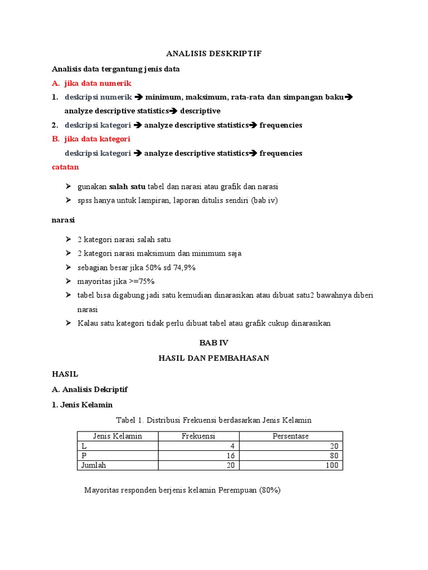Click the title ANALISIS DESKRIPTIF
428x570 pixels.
pyautogui.click(x=214, y=53)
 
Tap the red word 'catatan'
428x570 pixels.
pyautogui.click(x=65, y=166)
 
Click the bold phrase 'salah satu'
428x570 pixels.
pyautogui.click(x=127, y=186)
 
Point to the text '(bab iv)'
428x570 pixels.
pyautogui.click(x=264, y=200)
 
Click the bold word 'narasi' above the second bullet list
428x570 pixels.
pyautogui.click(x=63, y=220)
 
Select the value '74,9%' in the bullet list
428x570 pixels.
pyautogui.click(x=183, y=267)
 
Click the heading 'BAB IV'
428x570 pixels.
pyautogui.click(x=213, y=344)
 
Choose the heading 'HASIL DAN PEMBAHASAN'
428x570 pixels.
pyautogui.click(x=214, y=358)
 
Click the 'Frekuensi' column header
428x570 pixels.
pyautogui.click(x=198, y=436)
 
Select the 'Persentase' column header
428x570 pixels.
pyautogui.click(x=290, y=436)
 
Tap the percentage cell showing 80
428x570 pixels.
pyautogui.click(x=334, y=455)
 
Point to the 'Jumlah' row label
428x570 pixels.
pyautogui.click(x=94, y=465)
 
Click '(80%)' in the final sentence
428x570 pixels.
pyautogui.click(x=270, y=490)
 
